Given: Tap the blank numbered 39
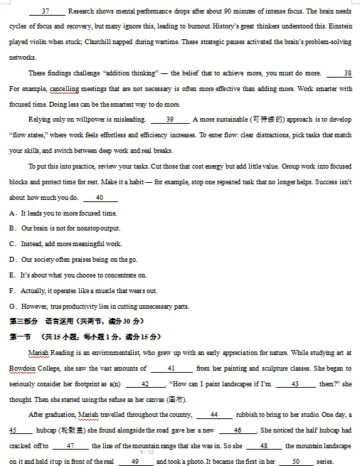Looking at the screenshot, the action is pos(170,120).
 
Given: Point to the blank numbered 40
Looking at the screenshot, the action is pos(100,197).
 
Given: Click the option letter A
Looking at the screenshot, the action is pos(13,213).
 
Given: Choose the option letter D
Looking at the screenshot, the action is pos(13,259).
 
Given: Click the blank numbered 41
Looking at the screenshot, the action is pos(171,368).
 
